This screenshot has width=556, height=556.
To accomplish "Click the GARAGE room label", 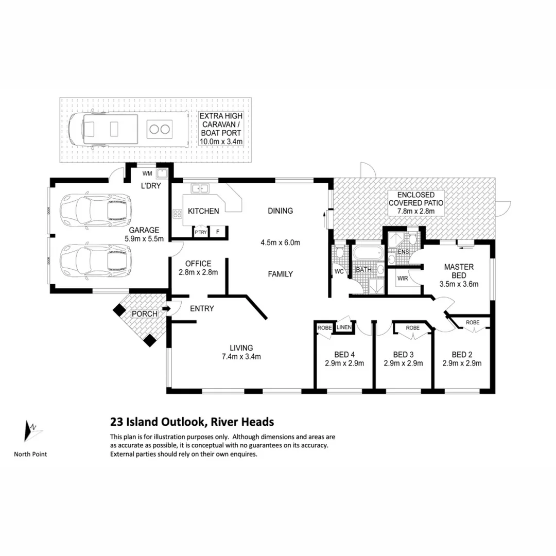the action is click(x=144, y=230).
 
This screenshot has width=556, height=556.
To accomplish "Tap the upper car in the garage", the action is click(x=95, y=210).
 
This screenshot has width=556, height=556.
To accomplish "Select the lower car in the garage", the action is click(x=95, y=260).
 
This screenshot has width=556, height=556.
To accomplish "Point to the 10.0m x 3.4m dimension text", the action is click(x=221, y=142).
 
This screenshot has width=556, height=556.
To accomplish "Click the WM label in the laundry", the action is click(x=147, y=173).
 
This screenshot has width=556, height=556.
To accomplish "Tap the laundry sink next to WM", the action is click(x=162, y=173).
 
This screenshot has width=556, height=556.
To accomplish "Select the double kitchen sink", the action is click(x=200, y=188).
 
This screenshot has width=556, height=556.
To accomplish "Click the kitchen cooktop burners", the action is click(x=177, y=214).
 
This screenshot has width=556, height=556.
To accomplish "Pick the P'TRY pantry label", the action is click(x=201, y=232).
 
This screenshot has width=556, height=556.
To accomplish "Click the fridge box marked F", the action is click(x=218, y=232).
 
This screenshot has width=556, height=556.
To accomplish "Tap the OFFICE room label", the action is click(x=198, y=264).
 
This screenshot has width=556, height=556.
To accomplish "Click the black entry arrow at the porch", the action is click(x=166, y=308).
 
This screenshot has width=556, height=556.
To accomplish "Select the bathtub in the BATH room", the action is click(x=369, y=253).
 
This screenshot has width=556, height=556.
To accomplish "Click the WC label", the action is click(x=339, y=272).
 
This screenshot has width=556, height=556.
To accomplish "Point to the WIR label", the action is click(x=403, y=279).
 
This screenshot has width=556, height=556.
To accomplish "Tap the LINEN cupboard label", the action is click(x=344, y=327).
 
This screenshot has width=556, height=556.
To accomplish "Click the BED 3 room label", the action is click(x=403, y=355).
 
